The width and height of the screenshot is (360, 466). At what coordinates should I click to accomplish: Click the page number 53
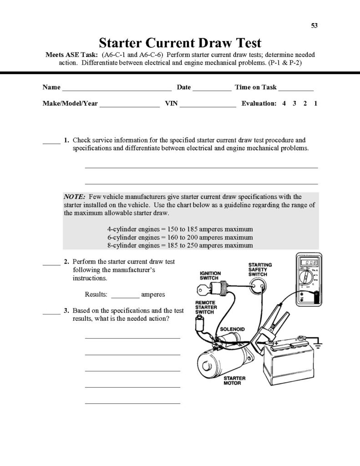tap(314, 25)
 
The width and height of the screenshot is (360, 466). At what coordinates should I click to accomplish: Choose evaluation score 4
tap(284, 103)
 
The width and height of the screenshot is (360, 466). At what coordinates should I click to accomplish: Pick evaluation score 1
tap(315, 103)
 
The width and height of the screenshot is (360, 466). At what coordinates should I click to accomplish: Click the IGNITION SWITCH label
tap(210, 276)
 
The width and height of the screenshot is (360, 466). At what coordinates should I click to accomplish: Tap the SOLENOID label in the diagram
tap(233, 329)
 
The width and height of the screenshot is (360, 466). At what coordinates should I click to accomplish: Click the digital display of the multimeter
tap(311, 263)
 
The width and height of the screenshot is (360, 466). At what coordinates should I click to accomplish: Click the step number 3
tap(66, 311)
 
